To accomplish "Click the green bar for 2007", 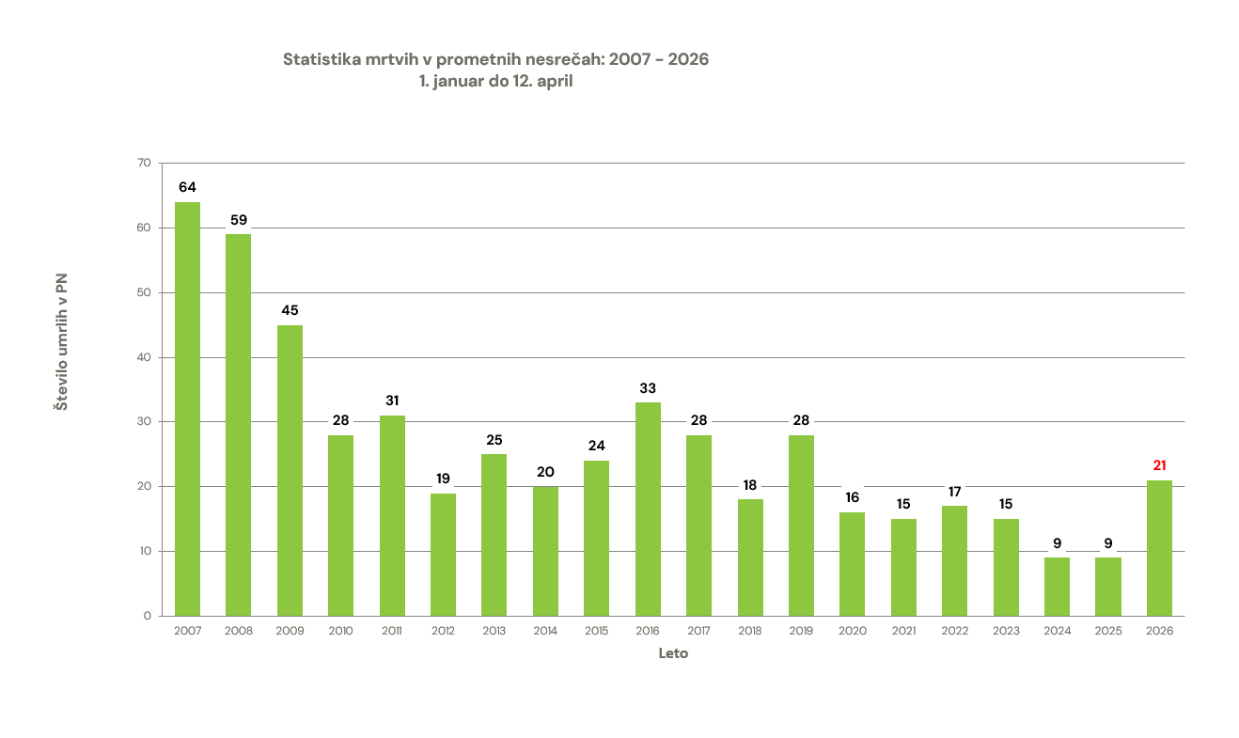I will [187, 409].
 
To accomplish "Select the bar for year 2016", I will [648, 509].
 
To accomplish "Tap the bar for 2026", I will [1159, 548].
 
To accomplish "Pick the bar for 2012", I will [443, 555].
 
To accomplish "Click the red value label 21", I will [1159, 465].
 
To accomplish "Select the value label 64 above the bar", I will [187, 187].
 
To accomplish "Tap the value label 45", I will [290, 310].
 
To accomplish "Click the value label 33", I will [648, 387].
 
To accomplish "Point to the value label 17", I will [954, 492].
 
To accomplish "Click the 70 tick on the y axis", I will [144, 164].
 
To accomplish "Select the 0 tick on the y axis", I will [147, 616].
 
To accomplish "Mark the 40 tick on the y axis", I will [144, 357].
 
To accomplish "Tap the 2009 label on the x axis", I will [290, 631].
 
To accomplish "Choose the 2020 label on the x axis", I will [852, 631].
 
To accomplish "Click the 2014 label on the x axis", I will [545, 631].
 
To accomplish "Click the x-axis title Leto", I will [673, 653].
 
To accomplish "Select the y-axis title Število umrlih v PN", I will [61, 342].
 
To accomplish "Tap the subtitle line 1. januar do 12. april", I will [495, 82].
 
